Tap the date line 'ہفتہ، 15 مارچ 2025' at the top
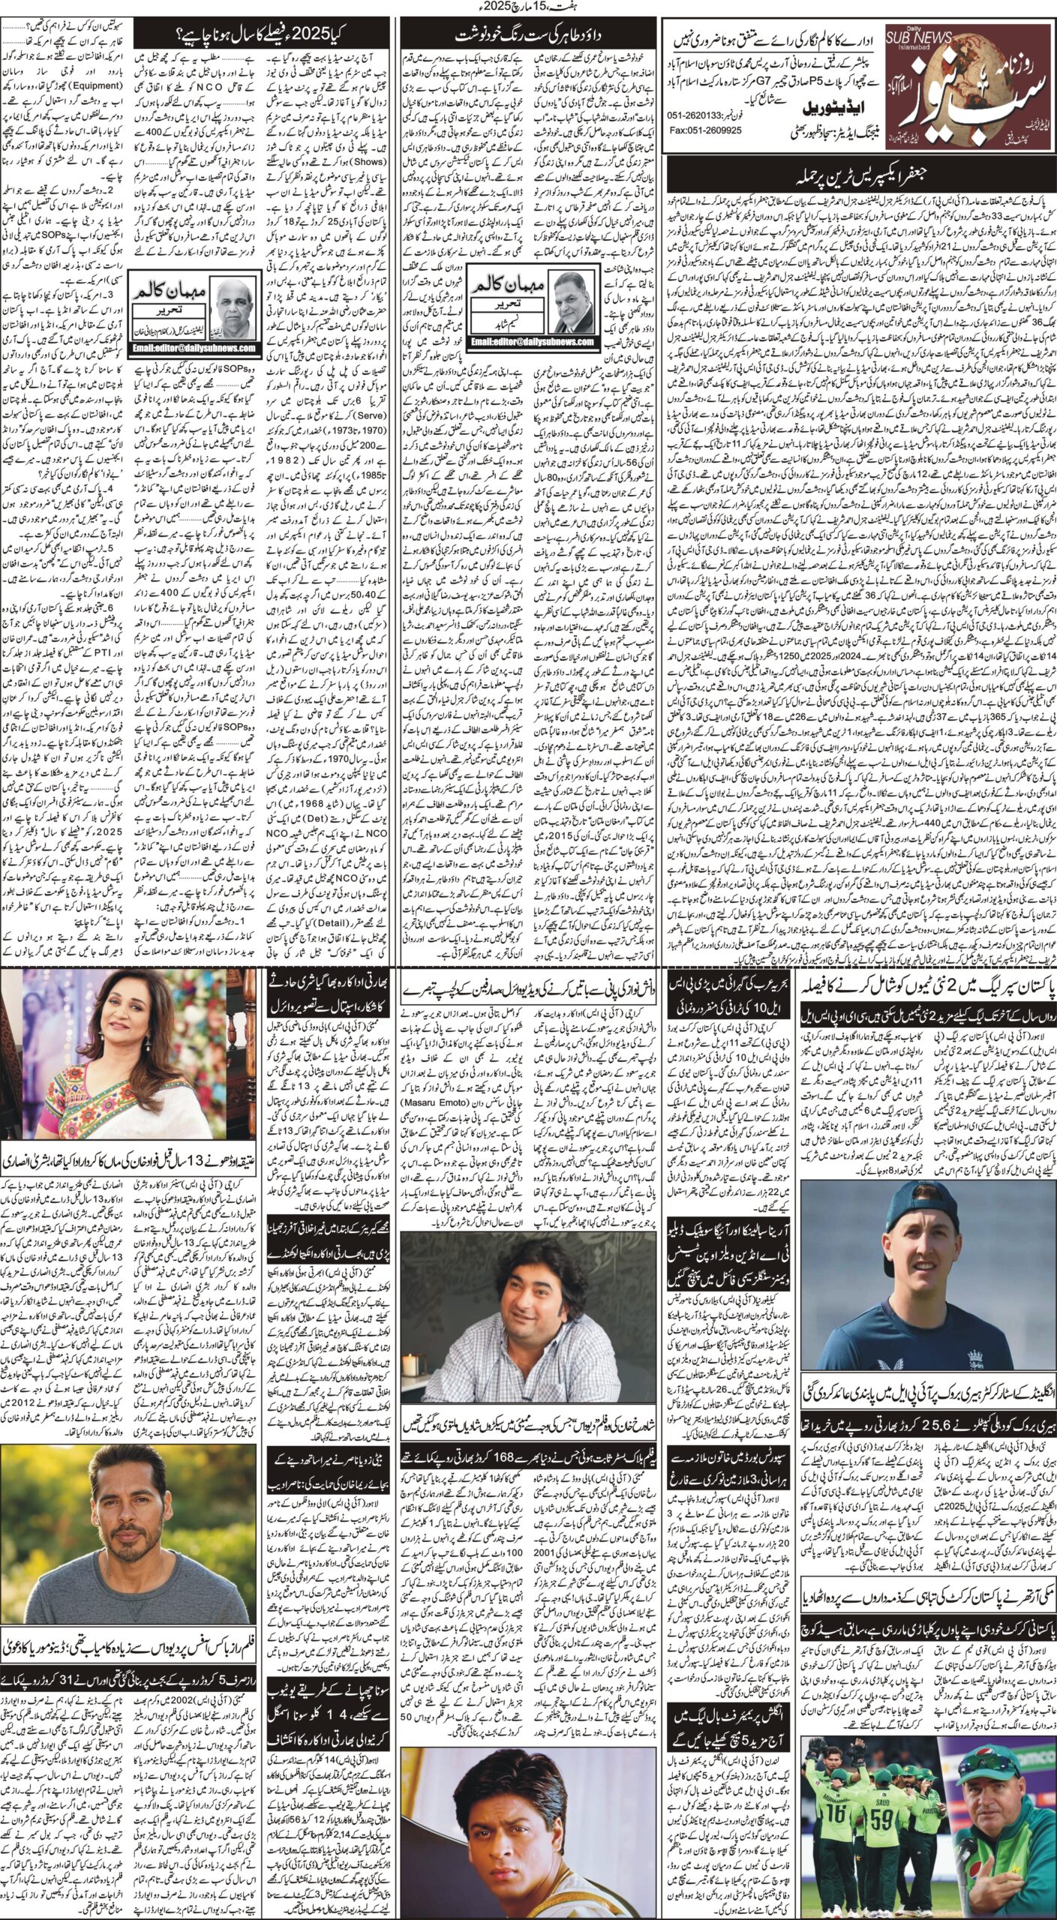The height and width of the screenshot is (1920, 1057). click(x=528, y=7)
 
